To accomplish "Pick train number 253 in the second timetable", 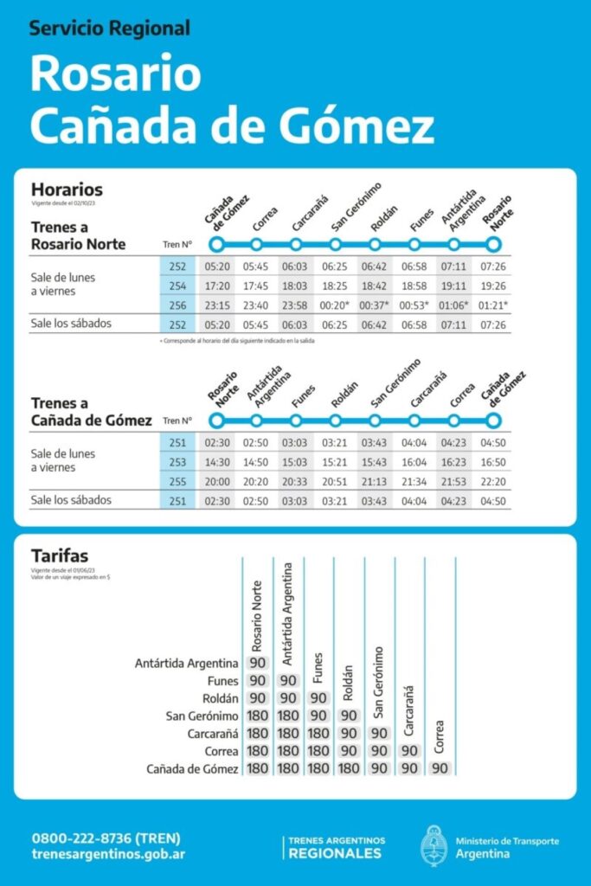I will tap(177, 462).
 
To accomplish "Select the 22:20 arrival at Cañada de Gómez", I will tap(493, 482).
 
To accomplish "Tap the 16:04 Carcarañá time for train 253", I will tap(414, 462).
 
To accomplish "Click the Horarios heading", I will tap(67, 189).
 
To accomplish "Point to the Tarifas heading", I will tap(60, 555).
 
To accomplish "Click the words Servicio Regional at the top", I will tap(109, 29).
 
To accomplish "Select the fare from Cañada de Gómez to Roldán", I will tap(349, 768).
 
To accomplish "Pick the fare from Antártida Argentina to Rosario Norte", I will tap(257, 663).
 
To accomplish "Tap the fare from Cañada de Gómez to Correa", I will tap(440, 768).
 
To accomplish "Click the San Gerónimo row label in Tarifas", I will tap(202, 716).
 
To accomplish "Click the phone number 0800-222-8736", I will tap(106, 838).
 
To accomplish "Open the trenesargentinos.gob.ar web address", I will tap(108, 854).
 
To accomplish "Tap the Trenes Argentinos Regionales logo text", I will tap(337, 847).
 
